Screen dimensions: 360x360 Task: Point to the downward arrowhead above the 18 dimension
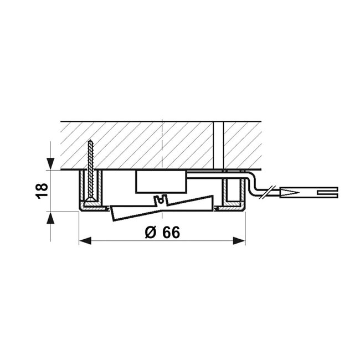(50, 164)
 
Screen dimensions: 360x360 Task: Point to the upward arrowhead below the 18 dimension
(50, 217)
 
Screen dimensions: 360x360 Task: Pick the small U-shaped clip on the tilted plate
(162, 199)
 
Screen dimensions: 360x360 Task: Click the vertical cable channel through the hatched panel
(218, 145)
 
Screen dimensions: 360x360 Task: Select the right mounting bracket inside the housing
(232, 192)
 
